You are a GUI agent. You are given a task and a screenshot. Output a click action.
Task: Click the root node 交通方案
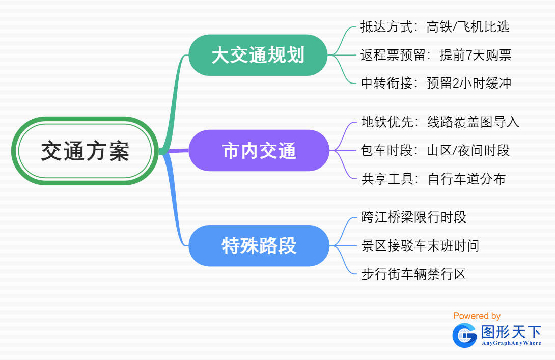click(x=85, y=151)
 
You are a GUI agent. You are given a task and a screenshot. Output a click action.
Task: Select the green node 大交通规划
click(x=258, y=55)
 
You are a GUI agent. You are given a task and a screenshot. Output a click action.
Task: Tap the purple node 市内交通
click(x=259, y=150)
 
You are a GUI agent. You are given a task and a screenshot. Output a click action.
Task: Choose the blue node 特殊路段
click(x=259, y=245)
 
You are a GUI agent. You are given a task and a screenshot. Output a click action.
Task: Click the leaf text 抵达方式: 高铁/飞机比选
click(x=435, y=27)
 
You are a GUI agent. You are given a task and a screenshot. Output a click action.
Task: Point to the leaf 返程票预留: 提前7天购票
click(x=436, y=55)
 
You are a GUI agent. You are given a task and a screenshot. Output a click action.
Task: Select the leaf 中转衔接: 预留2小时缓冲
click(x=436, y=83)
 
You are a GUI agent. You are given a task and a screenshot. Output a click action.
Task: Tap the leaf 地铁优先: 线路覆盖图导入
click(x=440, y=122)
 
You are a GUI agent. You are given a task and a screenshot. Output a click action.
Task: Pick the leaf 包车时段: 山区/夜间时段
click(x=435, y=150)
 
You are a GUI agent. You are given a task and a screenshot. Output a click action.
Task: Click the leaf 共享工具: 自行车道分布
click(x=433, y=179)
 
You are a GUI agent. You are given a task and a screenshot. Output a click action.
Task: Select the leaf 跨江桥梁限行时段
click(x=414, y=217)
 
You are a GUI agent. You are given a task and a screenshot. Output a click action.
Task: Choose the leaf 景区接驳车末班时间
click(x=420, y=245)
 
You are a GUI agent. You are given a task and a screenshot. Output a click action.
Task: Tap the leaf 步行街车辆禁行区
click(x=413, y=274)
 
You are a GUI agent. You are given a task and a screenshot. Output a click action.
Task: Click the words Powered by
click(x=477, y=316)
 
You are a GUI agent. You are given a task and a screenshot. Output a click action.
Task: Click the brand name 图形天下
click(x=511, y=332)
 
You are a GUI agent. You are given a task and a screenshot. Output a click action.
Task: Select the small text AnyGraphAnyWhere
click(x=511, y=343)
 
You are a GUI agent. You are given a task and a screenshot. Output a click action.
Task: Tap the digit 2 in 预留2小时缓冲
click(x=456, y=84)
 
